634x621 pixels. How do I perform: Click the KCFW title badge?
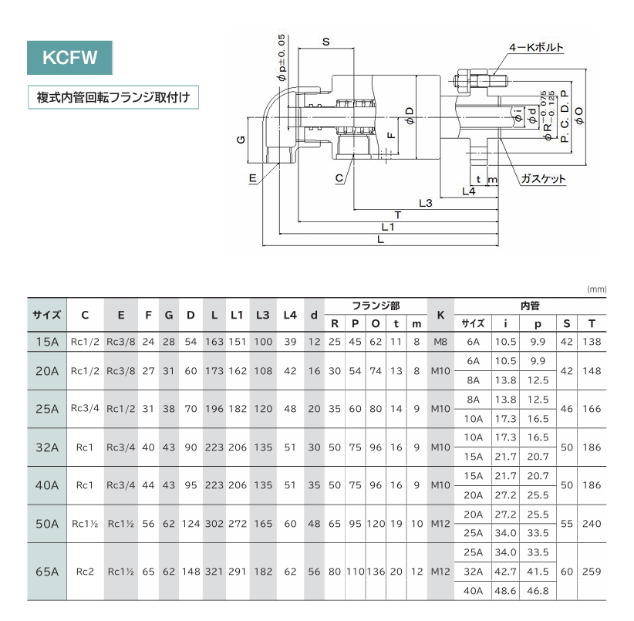coord(70,57)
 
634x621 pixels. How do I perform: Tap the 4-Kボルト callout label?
coord(536,47)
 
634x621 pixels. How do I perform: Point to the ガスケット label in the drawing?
coord(543,179)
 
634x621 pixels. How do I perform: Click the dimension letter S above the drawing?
coord(325,42)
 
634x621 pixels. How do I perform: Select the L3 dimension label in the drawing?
coord(425,203)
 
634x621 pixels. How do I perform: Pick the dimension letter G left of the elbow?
coord(241,140)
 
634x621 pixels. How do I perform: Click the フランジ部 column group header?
coord(375,305)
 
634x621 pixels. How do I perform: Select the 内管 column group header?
coord(529,305)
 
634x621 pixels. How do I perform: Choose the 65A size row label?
coord(47,572)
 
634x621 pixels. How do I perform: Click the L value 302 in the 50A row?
coord(214,523)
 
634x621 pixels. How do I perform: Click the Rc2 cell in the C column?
coord(85,572)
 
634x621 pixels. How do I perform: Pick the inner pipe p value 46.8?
coord(538,591)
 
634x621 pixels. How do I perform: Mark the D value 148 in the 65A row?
coord(191,572)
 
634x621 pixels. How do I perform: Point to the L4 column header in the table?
coord(290,315)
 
